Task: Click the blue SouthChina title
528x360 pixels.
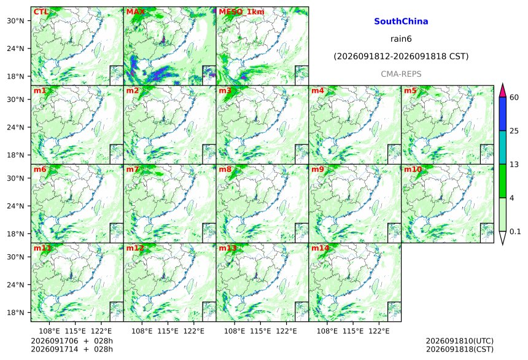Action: pyautogui.click(x=401, y=22)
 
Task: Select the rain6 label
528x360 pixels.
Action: pyautogui.click(x=401, y=39)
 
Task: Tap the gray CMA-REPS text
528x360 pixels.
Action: pyautogui.click(x=401, y=74)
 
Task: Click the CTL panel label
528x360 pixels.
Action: pyautogui.click(x=41, y=12)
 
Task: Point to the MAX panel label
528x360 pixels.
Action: pyautogui.click(x=135, y=12)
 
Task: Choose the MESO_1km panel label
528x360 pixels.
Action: pyautogui.click(x=241, y=12)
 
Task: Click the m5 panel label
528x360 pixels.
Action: pyautogui.click(x=410, y=91)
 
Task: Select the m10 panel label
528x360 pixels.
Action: pyautogui.click(x=413, y=169)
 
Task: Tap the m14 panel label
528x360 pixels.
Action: pyautogui.click(x=320, y=248)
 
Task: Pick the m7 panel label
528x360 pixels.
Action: pyautogui.click(x=133, y=169)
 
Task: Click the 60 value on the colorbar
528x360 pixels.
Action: pyautogui.click(x=514, y=98)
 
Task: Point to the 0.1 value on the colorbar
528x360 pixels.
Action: pyautogui.click(x=515, y=231)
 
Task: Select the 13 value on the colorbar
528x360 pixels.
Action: pyautogui.click(x=514, y=165)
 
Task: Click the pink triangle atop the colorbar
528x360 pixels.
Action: pyautogui.click(x=503, y=90)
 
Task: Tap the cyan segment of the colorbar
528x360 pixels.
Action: pyautogui.click(x=503, y=147)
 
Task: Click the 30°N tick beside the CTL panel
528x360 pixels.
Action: pyautogui.click(x=15, y=20)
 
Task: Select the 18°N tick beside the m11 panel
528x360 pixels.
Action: pyautogui.click(x=15, y=313)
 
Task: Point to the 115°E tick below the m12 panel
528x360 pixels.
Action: pyautogui.click(x=168, y=331)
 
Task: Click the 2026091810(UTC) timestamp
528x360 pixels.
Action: pyautogui.click(x=460, y=341)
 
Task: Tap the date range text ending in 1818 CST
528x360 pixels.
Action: pyautogui.click(x=401, y=57)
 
